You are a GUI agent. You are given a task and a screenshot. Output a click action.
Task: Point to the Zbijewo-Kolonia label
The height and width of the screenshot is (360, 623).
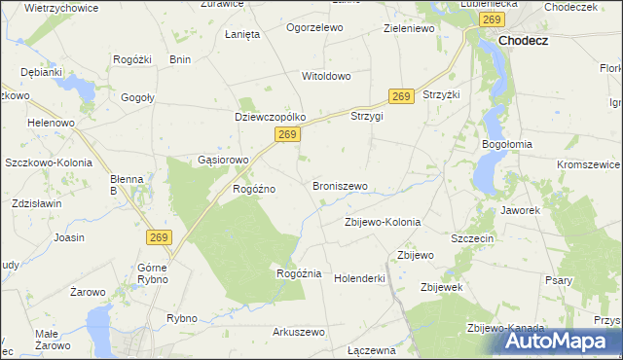383,222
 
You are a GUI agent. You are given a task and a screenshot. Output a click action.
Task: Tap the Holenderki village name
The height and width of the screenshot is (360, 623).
360,278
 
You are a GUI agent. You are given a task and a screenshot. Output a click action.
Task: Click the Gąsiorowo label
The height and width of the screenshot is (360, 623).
224,160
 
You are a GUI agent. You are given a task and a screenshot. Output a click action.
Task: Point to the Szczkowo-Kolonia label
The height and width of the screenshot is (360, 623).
49,163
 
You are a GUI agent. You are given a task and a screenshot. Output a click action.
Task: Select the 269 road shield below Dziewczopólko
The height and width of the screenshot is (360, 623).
285,135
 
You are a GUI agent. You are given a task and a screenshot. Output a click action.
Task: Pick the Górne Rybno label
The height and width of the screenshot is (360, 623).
153,272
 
